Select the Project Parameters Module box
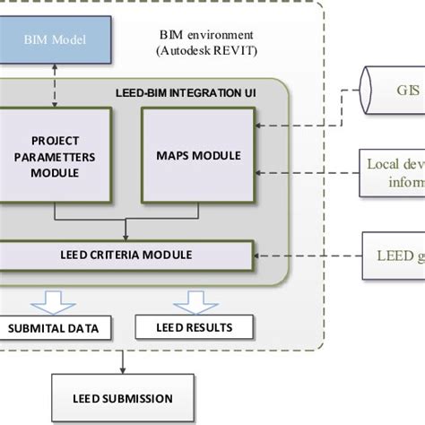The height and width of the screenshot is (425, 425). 55,155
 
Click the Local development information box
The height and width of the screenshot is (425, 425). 394,171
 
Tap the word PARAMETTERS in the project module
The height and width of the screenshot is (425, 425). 56,155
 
